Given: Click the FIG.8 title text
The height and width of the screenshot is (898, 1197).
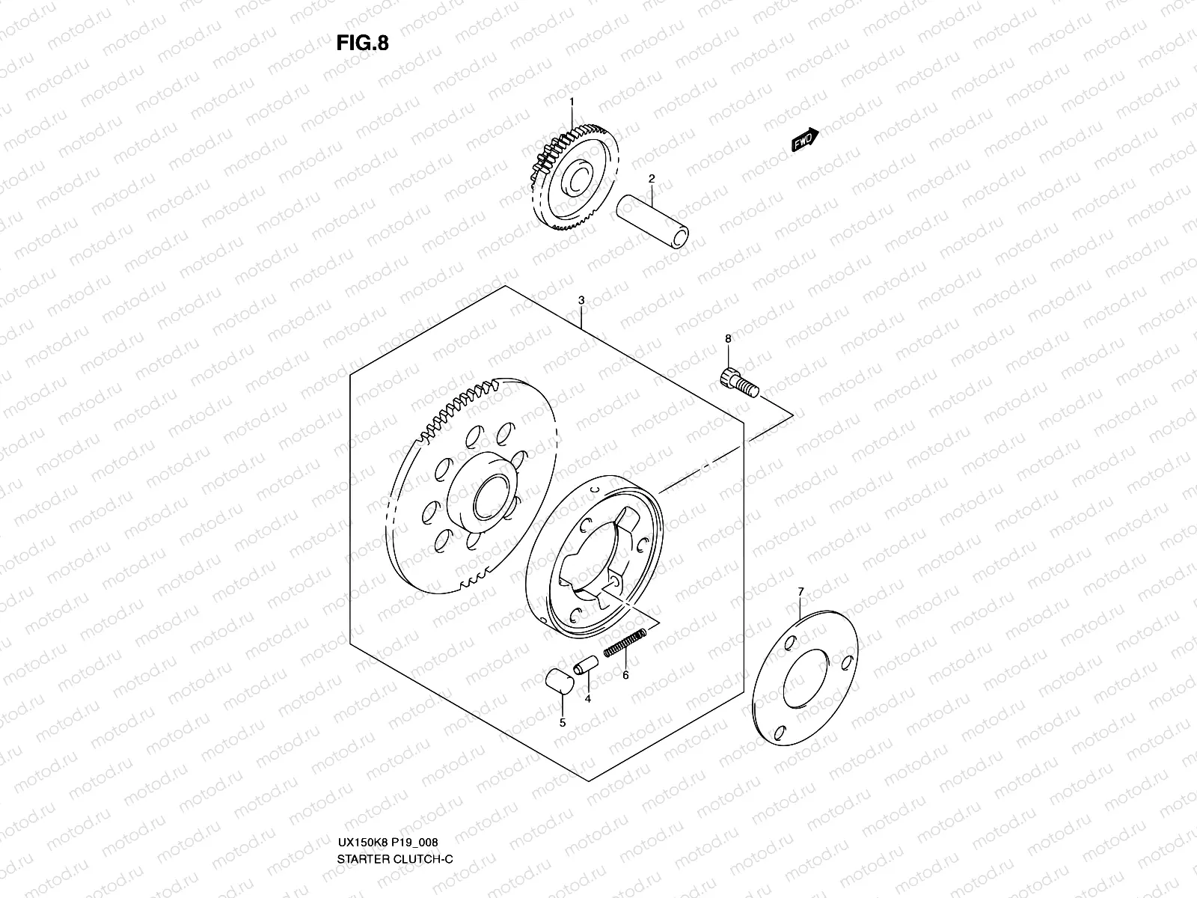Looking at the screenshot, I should pos(363,43).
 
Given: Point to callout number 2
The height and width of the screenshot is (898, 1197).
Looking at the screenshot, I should pos(652,179).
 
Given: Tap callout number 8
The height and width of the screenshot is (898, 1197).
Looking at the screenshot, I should pos(727,339).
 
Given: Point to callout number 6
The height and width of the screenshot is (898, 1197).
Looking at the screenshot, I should pos(625,675).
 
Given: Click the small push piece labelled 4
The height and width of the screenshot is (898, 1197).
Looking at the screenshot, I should pos(584,665).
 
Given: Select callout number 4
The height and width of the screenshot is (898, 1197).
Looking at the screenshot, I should pos(587,699).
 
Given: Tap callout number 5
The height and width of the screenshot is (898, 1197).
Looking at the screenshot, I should pos(563,723).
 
